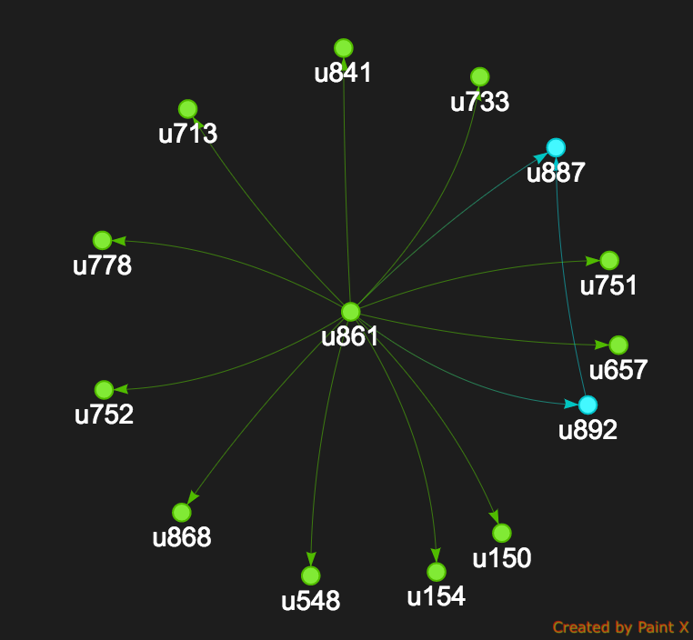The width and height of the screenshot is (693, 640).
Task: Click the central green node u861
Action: (351, 312)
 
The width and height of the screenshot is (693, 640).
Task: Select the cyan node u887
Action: (556, 147)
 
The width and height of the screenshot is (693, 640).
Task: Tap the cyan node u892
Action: (588, 405)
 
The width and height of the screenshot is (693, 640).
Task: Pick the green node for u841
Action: (343, 47)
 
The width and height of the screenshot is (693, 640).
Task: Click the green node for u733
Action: (480, 77)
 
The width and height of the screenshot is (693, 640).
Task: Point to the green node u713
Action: (187, 109)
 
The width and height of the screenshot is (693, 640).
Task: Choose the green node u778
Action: (102, 240)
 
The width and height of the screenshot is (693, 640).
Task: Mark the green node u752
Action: (104, 389)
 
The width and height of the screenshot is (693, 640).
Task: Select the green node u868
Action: (182, 513)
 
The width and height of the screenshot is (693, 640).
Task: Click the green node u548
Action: (310, 575)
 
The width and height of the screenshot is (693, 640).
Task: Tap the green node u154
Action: (437, 572)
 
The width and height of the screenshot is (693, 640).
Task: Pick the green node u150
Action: (501, 533)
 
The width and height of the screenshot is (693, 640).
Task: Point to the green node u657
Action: (618, 345)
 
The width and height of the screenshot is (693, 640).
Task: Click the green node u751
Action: (609, 260)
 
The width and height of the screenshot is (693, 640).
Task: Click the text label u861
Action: (350, 336)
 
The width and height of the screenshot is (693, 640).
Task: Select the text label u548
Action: (310, 600)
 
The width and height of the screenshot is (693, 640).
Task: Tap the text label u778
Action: (102, 265)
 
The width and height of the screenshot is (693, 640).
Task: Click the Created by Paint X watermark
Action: (620, 627)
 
